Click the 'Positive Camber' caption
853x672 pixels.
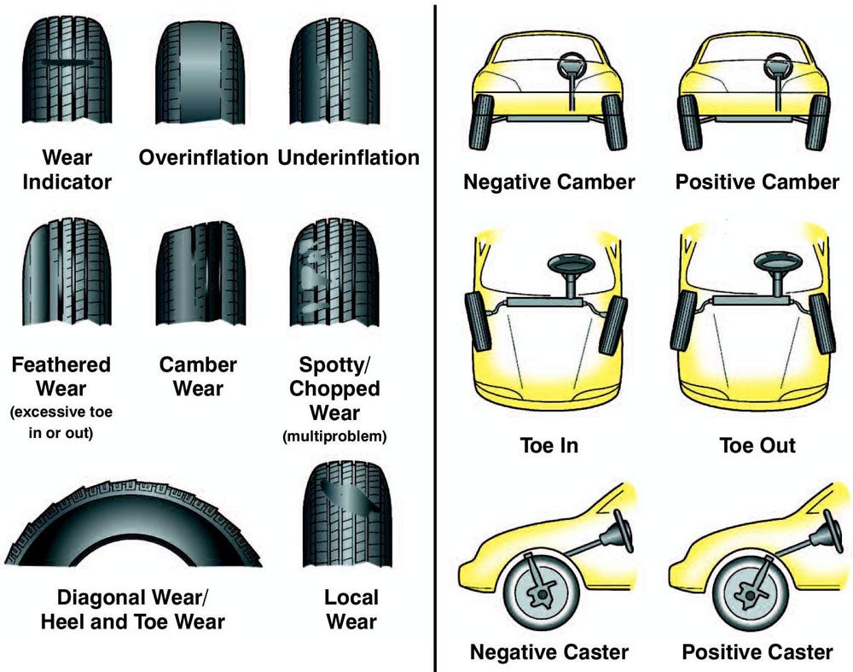(x=757, y=182)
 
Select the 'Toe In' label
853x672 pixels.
(x=548, y=445)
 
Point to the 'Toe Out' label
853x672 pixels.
(x=757, y=445)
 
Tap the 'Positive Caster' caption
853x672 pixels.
(x=757, y=652)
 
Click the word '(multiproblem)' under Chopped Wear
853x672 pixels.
(x=334, y=437)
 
